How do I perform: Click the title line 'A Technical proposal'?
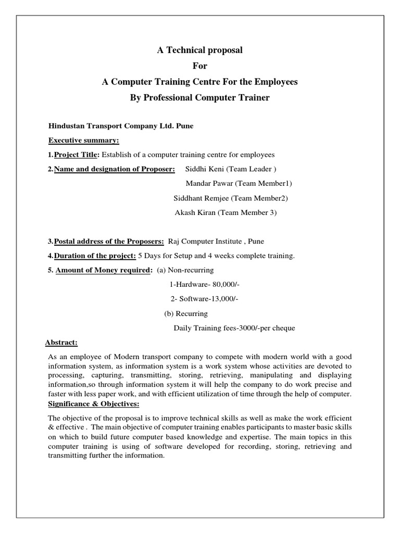[200, 50]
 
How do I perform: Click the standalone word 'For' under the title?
[200, 67]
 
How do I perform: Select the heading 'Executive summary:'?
[84, 141]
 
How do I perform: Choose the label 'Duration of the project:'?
[95, 256]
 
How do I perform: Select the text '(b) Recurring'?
[186, 314]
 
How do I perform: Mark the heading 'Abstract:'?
[61, 342]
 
